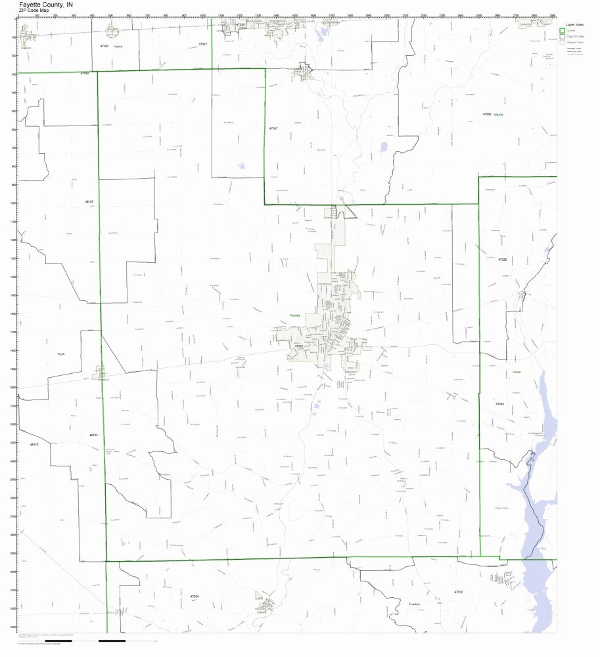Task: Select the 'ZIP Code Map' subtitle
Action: [x=34, y=11]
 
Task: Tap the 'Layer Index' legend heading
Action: [x=576, y=24]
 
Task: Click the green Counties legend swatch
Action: [x=562, y=30]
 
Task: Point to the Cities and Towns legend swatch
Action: [x=562, y=42]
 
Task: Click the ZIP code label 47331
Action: [x=299, y=346]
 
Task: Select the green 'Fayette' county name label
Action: [x=295, y=315]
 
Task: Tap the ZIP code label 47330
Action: [x=487, y=114]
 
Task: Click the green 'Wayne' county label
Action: [x=499, y=114]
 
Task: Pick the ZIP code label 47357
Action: [x=273, y=129]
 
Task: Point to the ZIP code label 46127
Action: [x=89, y=202]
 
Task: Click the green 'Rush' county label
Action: [x=61, y=354]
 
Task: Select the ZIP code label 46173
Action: [x=34, y=445]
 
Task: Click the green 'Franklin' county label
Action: [x=414, y=604]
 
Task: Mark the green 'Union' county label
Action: [x=517, y=372]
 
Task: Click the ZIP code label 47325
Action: [x=502, y=260]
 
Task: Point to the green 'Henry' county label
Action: [x=118, y=47]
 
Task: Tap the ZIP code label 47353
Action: [x=500, y=403]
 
